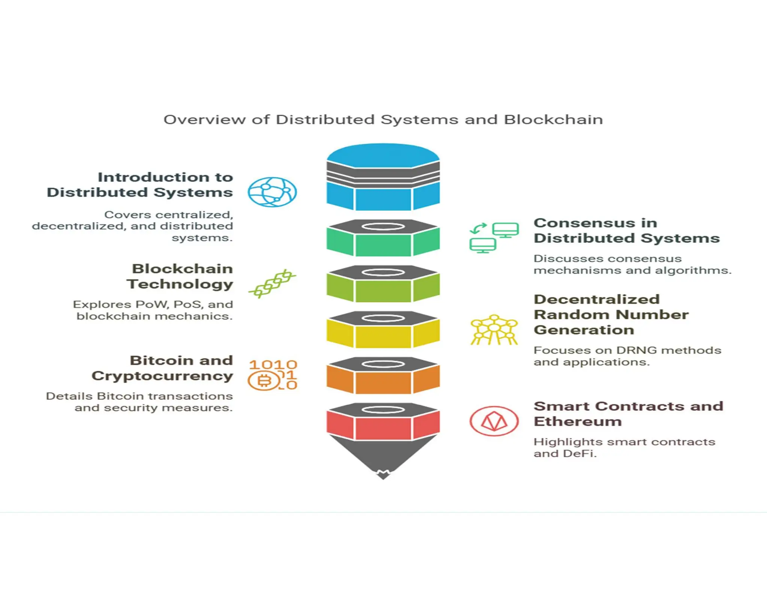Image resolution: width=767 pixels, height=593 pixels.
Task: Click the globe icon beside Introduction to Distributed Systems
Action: (272, 192)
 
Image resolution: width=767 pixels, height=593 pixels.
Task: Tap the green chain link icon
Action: (272, 283)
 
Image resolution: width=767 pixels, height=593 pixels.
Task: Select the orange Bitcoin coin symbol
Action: (264, 381)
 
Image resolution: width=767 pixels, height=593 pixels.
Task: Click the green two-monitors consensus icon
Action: (494, 238)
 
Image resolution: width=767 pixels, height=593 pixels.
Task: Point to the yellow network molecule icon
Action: (494, 330)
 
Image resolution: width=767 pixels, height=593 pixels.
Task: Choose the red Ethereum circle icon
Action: (494, 421)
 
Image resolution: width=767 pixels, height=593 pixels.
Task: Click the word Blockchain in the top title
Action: (553, 120)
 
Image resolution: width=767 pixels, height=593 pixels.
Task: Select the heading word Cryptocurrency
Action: (162, 376)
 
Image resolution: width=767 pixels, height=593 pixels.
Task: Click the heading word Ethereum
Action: (577, 421)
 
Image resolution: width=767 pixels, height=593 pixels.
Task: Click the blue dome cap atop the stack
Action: (383, 155)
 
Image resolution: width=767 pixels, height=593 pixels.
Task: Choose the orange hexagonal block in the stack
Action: (383, 382)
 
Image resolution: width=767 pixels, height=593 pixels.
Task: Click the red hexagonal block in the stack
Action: (383, 428)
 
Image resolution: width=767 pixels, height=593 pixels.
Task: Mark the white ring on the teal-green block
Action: (383, 226)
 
